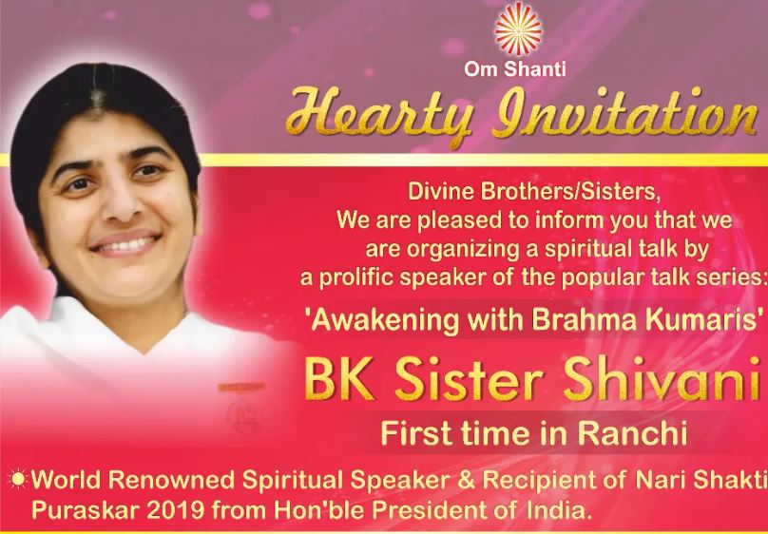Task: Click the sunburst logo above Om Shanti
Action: coord(518,28)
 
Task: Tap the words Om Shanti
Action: coord(515,69)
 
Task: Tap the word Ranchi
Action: coord(632,433)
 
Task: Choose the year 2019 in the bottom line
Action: coord(176,510)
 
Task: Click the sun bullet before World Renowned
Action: coord(18,479)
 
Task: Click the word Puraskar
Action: coord(86,510)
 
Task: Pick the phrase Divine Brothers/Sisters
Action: coord(534,191)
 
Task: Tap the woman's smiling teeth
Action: coord(125,244)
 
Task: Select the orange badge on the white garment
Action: coord(241,387)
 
